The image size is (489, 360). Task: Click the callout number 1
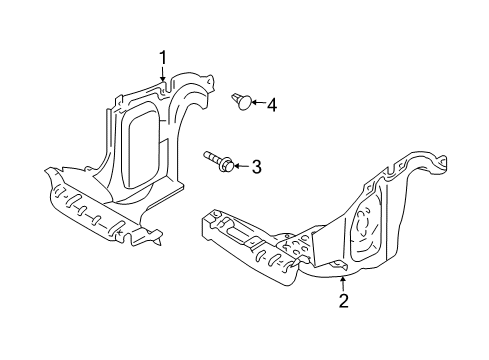[163, 58]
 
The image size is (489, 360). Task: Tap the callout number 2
[343, 301]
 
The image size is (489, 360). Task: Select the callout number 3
[256, 167]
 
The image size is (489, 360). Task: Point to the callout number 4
[272, 105]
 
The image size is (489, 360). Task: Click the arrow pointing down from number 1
[163, 74]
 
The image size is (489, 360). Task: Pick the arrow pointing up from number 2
[343, 284]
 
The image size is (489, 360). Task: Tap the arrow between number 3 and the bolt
[241, 166]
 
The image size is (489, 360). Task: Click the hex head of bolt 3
[227, 164]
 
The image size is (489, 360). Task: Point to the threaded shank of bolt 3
[212, 156]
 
